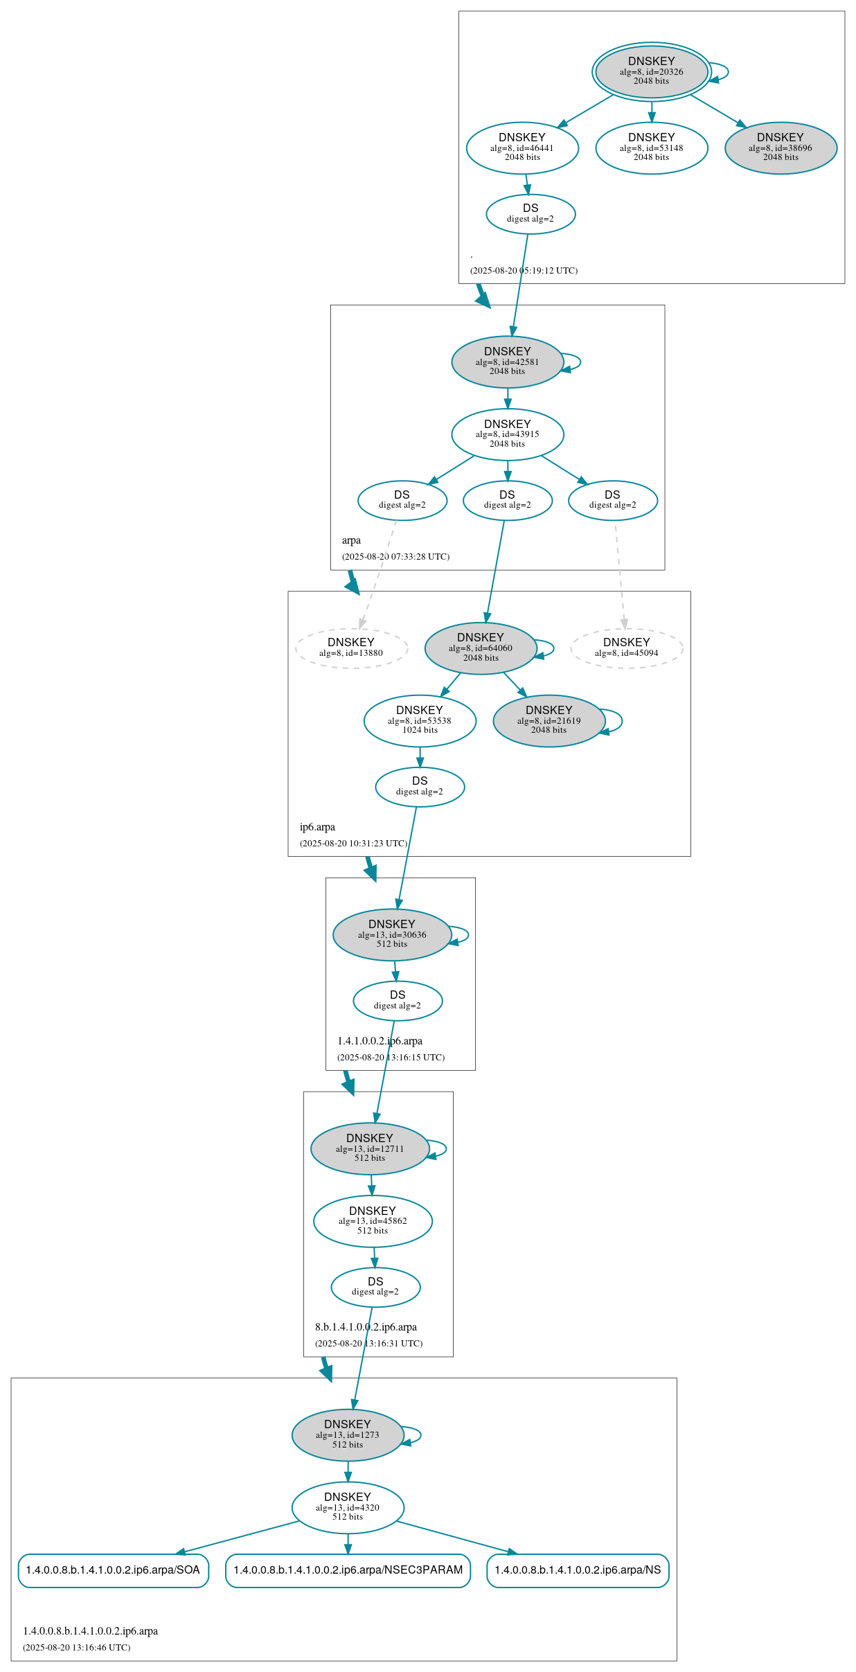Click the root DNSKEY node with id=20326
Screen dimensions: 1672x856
tap(651, 71)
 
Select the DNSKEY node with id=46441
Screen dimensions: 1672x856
tap(522, 148)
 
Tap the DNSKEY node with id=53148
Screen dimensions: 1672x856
tap(651, 148)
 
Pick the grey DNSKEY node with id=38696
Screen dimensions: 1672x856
tap(781, 148)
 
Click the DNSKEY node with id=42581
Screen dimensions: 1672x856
tap(507, 362)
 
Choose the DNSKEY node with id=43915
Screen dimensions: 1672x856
tap(507, 434)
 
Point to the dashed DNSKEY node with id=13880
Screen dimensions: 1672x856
tap(351, 648)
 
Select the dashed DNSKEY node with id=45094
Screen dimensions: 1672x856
tap(626, 648)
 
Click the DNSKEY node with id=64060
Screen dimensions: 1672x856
tap(481, 648)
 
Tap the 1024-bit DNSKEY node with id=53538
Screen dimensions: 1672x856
tap(420, 720)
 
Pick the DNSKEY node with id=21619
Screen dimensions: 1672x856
tap(549, 720)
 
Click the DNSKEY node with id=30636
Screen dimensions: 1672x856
tap(392, 934)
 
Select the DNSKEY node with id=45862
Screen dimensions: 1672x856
tap(373, 1221)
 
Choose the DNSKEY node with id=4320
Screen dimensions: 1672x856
tap(348, 1507)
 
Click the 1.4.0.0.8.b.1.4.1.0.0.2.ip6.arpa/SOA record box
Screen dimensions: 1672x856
tap(113, 1570)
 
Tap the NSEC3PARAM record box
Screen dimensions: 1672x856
tap(348, 1570)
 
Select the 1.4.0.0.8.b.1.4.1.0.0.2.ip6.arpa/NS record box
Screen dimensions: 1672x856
tap(578, 1570)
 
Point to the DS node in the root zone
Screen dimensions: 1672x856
tap(530, 214)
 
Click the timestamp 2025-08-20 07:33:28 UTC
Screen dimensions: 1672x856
tap(395, 557)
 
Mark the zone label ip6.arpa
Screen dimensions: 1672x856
tap(317, 827)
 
